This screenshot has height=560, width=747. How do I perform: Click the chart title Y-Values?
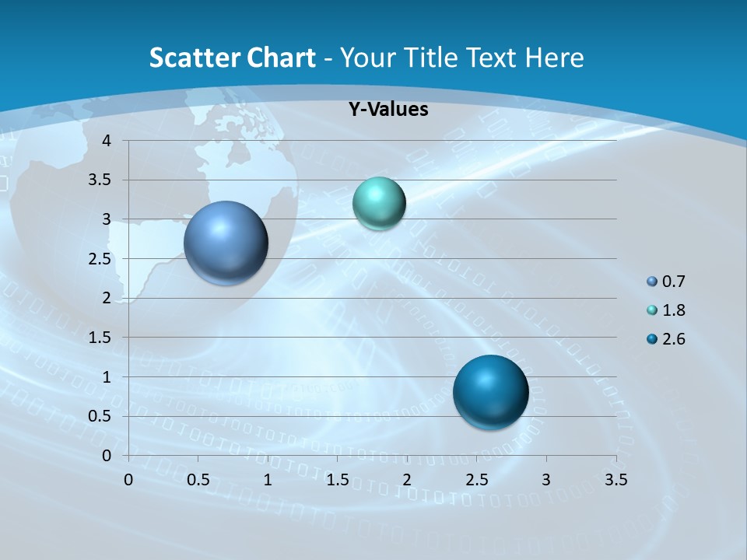point(388,110)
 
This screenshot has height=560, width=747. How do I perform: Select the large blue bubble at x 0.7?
point(226,243)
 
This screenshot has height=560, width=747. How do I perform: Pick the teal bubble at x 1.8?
point(379,204)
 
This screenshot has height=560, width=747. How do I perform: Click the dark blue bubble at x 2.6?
point(490,392)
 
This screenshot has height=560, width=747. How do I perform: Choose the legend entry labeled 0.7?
point(674,282)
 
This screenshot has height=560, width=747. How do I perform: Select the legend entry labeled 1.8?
point(674,310)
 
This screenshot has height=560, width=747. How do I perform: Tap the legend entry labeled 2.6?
point(674,339)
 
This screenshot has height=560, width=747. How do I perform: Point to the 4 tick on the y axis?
point(107,141)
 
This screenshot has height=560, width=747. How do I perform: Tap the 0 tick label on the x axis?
point(128,480)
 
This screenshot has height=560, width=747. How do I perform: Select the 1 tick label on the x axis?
point(268,480)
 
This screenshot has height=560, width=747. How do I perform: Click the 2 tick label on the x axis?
point(407,480)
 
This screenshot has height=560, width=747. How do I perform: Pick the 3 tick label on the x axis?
point(546,480)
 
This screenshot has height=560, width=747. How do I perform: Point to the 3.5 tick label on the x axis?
point(615,480)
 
